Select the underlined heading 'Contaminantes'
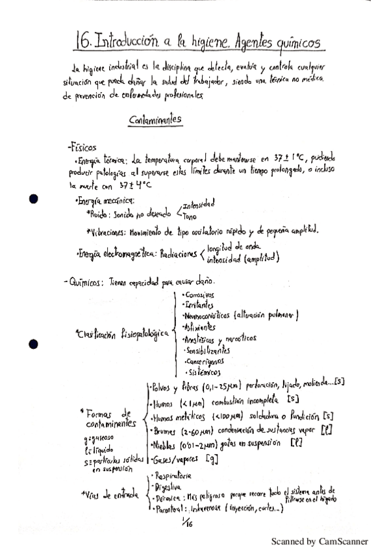click(x=155, y=119)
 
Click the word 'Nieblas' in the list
click(x=168, y=445)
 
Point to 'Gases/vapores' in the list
click(x=174, y=459)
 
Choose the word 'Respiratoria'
click(x=172, y=476)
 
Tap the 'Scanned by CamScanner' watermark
click(x=320, y=541)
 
